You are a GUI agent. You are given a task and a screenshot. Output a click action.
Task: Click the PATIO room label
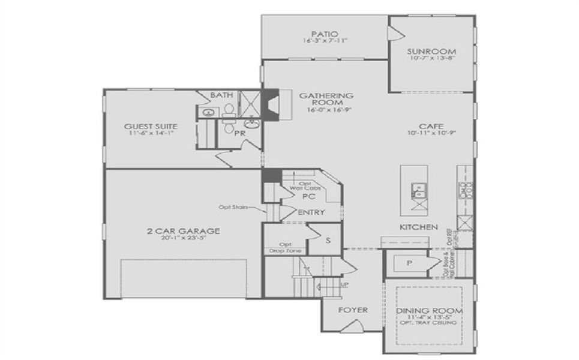pos(325,34)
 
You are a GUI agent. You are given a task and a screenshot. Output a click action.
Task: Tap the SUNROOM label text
pos(430,51)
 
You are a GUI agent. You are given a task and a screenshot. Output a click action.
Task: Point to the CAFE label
pos(431,126)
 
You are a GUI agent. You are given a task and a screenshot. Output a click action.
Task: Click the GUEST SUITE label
pos(151,127)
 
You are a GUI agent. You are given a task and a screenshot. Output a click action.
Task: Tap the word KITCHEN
pos(418,227)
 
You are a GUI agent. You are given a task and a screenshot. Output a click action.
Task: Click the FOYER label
pos(352,310)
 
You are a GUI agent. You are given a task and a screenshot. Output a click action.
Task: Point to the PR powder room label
pos(239,133)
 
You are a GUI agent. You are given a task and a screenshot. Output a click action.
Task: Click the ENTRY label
pos(311,212)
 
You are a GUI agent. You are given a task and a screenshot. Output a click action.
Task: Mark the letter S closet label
pos(328,241)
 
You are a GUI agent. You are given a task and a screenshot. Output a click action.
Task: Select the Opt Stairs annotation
pos(234,208)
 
